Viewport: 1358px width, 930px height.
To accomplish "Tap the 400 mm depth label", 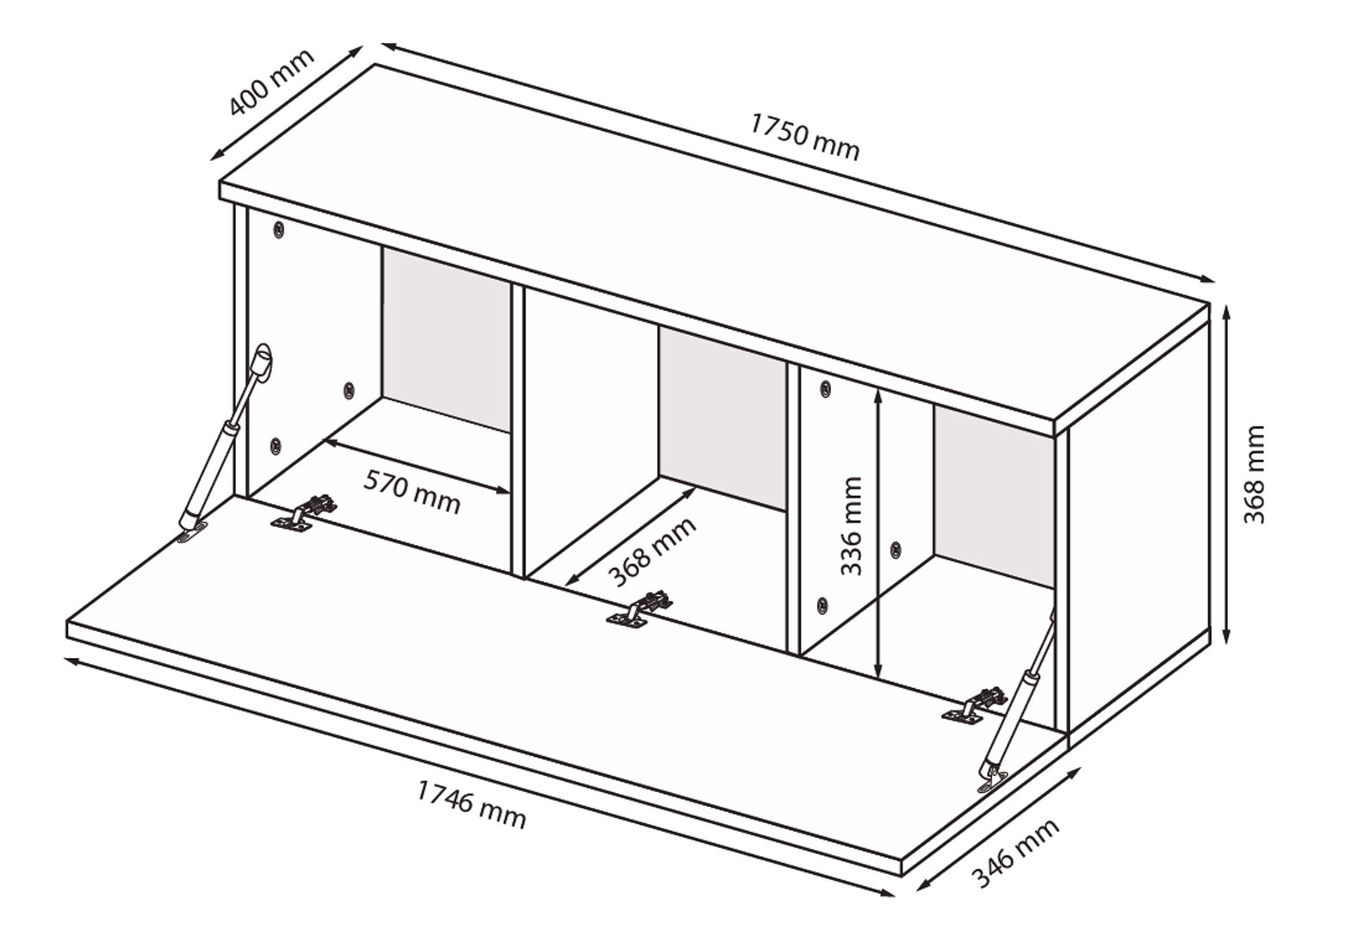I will (x=272, y=83).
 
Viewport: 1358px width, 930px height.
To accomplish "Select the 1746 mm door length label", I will (x=471, y=803).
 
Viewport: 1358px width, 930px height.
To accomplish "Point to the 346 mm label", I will (x=1016, y=853).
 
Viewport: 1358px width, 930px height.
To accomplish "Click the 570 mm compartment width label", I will (x=412, y=492).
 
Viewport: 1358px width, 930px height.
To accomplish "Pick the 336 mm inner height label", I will (x=852, y=526).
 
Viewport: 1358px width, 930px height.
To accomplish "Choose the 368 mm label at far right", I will (x=1255, y=474).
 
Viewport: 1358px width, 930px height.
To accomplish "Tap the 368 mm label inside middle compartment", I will (x=652, y=552).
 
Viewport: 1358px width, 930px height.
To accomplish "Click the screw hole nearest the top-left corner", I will (x=278, y=229).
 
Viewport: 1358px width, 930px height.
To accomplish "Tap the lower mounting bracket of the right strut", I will (x=992, y=778).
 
